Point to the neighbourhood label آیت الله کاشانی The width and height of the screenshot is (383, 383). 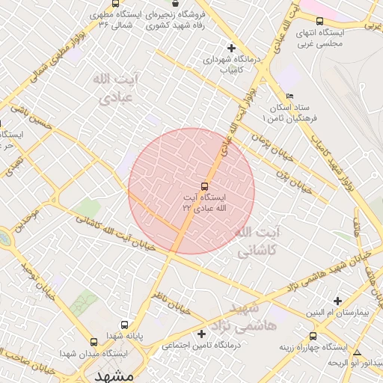click(257, 243)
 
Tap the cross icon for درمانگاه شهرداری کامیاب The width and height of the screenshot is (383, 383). click(231, 49)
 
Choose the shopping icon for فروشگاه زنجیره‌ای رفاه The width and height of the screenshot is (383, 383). click(174, 4)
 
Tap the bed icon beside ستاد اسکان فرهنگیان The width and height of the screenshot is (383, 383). click(290, 96)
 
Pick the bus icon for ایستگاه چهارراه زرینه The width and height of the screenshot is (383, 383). click(313, 336)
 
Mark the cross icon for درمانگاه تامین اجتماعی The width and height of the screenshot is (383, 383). click(200, 333)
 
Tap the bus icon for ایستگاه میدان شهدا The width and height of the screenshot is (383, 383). click(93, 342)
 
